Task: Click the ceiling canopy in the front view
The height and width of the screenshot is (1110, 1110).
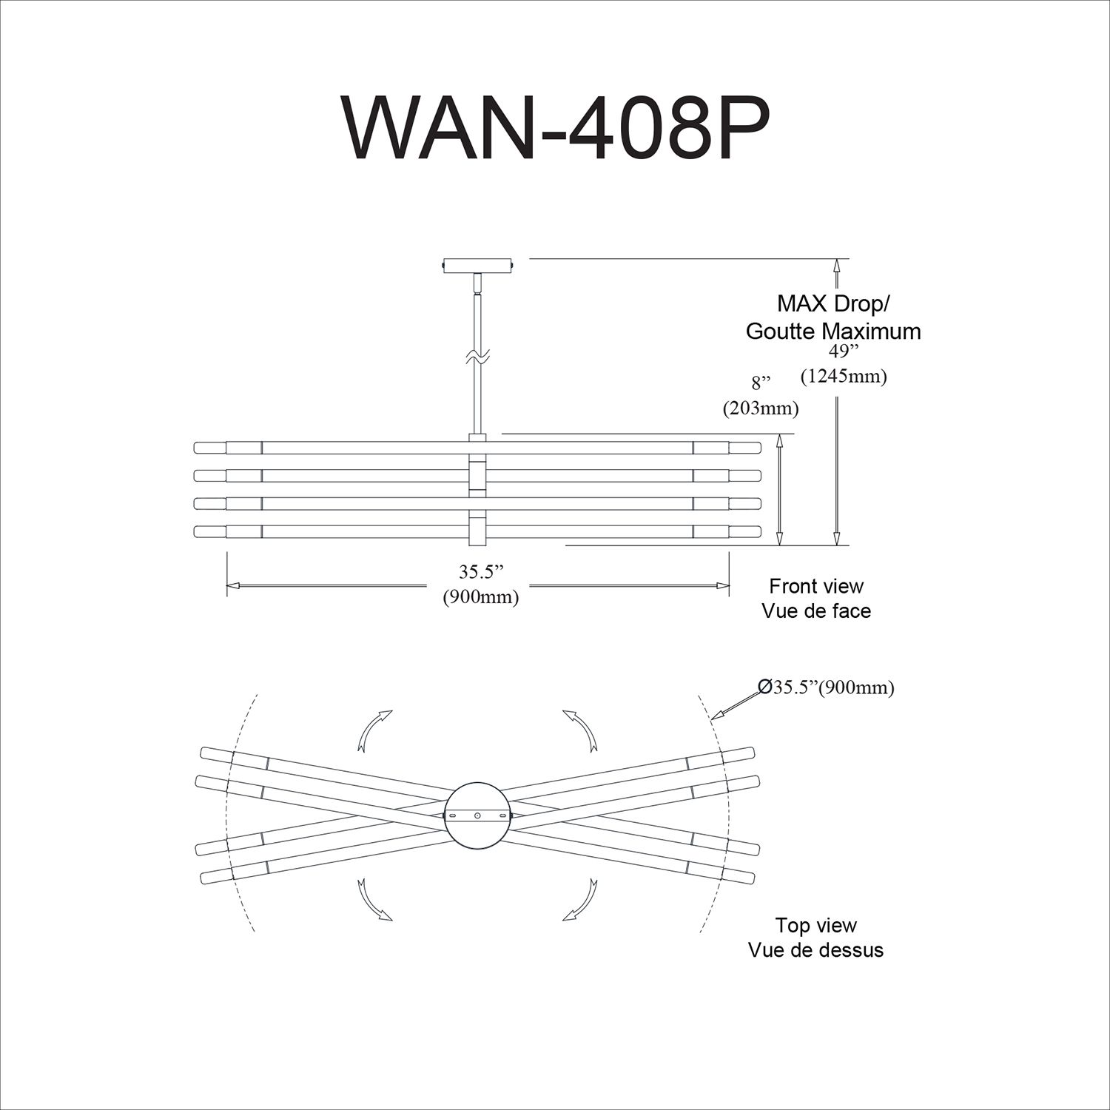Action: coord(477,265)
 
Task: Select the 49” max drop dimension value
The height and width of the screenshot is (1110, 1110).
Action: coord(843,353)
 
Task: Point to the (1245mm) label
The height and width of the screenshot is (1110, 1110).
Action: coord(844,376)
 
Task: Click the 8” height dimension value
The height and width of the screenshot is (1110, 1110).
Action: coord(761,383)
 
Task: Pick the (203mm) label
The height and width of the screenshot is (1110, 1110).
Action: coord(761,407)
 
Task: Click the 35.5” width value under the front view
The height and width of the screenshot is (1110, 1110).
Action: coord(480,573)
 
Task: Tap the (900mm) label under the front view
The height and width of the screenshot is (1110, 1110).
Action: coord(480,596)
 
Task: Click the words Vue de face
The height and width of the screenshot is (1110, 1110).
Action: coord(816,611)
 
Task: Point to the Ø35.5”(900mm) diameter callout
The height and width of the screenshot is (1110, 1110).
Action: coord(827,687)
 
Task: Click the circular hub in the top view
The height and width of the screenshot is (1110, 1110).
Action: coord(478,815)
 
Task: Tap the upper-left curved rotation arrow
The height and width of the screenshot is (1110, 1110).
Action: coord(374,730)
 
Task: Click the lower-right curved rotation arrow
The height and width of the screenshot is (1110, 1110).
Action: coord(581,899)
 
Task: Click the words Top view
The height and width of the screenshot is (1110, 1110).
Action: coord(816,925)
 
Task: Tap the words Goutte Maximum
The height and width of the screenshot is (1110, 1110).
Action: coord(833,331)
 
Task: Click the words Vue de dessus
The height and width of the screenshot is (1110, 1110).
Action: coord(816,949)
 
